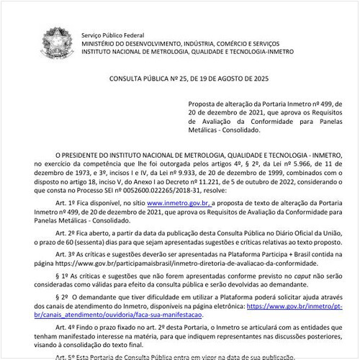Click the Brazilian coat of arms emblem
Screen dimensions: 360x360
pyautogui.click(x=55, y=43)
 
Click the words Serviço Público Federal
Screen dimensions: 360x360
pyautogui.click(x=112, y=35)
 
